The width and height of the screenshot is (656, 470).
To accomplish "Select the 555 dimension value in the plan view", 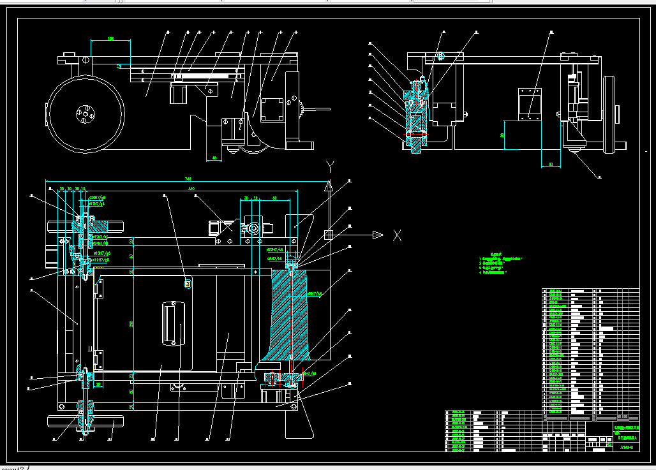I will coord(191,189).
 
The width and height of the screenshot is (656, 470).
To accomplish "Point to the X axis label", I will coord(397,235).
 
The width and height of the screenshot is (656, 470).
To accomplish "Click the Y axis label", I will coord(330,167).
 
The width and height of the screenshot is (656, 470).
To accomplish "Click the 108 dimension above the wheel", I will coord(111,39).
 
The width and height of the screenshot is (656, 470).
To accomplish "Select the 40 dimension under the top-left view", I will coord(214,158).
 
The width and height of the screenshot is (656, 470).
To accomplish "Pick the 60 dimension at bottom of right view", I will coord(551,165).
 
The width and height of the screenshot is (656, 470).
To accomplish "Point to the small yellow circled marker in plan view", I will coord(188,284).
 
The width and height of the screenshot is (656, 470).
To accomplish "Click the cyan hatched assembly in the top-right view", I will coord(416,118).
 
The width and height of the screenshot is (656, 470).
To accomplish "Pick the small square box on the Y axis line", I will coord(329,235).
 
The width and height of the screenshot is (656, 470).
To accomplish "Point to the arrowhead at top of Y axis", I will coord(329,186).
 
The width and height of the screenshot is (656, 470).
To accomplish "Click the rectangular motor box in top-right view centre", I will coord(529,104).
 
